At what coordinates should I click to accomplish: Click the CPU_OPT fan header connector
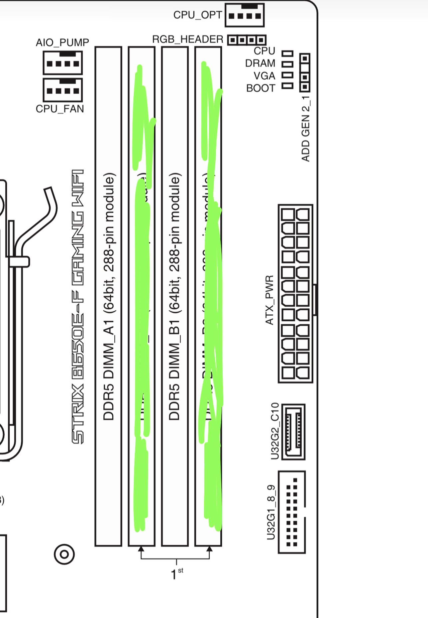coord(245,15)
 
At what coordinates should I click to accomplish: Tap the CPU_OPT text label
coord(197,15)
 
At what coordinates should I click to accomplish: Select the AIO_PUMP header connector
coord(63,63)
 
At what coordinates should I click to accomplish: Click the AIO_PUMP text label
coord(62,43)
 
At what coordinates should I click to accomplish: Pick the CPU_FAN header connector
coord(63,90)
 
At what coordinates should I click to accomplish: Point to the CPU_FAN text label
coord(60,109)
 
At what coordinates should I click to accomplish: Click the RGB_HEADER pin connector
coord(247,40)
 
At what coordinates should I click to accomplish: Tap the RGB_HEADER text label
coord(188,39)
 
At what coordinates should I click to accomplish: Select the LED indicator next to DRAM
coord(287,64)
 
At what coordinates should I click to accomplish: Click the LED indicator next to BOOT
coord(287,86)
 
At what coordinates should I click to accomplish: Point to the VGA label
coord(264,76)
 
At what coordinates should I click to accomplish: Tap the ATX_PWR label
coord(269,300)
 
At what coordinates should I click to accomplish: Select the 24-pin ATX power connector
coord(295,293)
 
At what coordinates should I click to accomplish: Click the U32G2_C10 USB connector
coord(293,432)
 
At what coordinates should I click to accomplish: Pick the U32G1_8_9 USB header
coord(292,512)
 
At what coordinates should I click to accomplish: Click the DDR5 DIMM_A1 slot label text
coord(109,296)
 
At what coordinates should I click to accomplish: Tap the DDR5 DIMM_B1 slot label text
coord(175,296)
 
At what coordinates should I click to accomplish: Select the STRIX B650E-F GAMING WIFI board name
coord(78,306)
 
